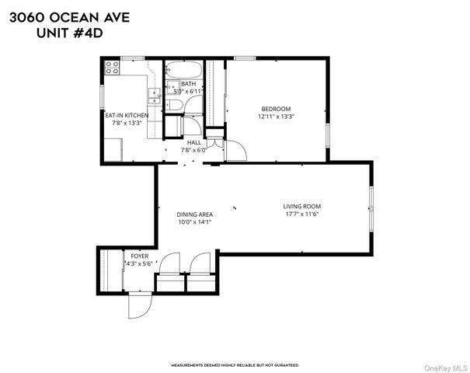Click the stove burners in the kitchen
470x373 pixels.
(x=111, y=66)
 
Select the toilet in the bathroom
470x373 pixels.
(x=176, y=106)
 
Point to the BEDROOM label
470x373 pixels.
(x=276, y=108)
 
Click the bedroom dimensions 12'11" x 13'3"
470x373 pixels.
(x=276, y=117)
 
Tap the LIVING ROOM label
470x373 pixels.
(x=300, y=206)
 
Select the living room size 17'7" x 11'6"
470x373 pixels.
(x=300, y=214)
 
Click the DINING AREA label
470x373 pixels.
(x=195, y=214)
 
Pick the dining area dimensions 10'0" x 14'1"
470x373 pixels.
(x=195, y=223)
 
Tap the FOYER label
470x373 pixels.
(x=139, y=256)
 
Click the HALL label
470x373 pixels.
(x=193, y=142)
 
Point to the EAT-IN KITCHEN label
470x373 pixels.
(x=127, y=115)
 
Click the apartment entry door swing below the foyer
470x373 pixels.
(x=138, y=305)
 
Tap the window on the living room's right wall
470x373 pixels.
(x=371, y=210)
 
